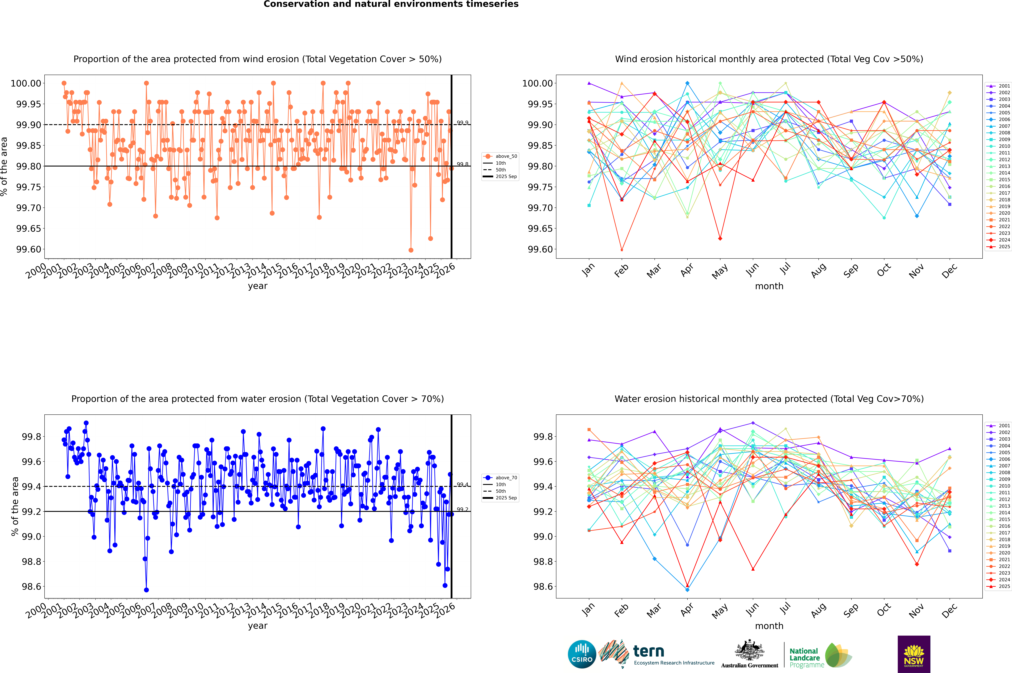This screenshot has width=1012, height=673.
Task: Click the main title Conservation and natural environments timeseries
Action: [x=391, y=4]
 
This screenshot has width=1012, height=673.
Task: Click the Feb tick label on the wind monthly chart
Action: [x=621, y=271]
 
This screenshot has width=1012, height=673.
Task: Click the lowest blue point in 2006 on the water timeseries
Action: [x=146, y=590]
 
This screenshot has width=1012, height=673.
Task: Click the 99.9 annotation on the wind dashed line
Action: [x=462, y=123]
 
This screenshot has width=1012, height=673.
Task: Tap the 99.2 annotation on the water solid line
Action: [x=462, y=509]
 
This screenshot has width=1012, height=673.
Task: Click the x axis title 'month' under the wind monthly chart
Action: [x=769, y=286]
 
